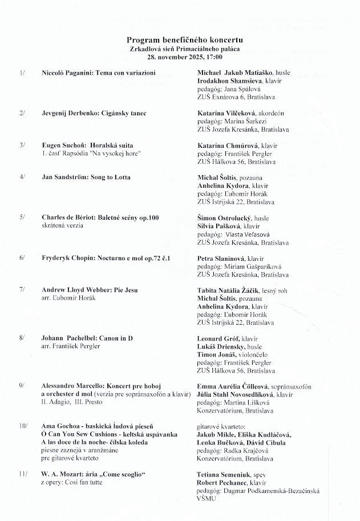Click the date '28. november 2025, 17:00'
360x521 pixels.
coord(185,57)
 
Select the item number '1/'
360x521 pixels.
coord(22,74)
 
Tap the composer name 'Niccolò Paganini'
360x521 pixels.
coord(66,74)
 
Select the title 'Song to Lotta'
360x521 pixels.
coord(111,177)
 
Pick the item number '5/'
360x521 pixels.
coord(22,217)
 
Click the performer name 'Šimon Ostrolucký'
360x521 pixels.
coord(225,217)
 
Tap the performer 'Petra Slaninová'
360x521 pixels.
coord(221,258)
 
